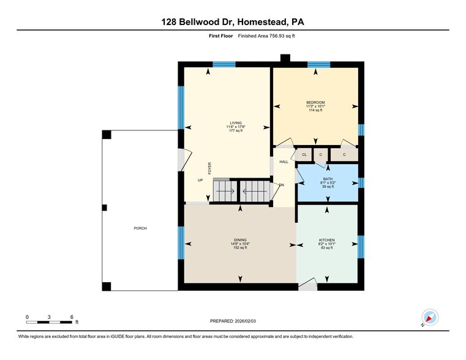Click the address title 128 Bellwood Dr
point(233,21)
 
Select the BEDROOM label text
point(315,102)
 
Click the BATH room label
point(328,179)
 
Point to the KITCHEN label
point(326,239)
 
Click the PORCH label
point(140,228)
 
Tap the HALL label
point(284,162)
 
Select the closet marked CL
point(304,155)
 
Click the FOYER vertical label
point(209,168)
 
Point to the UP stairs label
point(200,180)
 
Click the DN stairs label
point(282,185)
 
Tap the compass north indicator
point(430,318)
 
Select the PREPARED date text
point(233,321)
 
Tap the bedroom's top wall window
point(318,64)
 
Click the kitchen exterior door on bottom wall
point(308,285)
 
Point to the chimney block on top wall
point(285,58)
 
